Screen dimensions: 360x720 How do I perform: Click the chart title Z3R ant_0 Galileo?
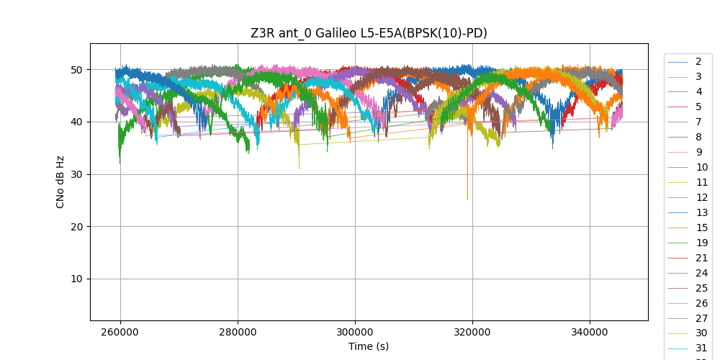pyautogui.click(x=369, y=32)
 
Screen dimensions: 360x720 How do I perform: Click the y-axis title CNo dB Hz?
pyautogui.click(x=60, y=181)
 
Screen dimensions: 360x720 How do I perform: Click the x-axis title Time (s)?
pyautogui.click(x=369, y=346)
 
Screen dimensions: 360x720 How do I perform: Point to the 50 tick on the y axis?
pyautogui.click(x=76, y=70)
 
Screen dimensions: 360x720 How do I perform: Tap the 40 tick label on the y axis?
pyautogui.click(x=76, y=122)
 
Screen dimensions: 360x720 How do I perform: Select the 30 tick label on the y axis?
pyautogui.click(x=76, y=174)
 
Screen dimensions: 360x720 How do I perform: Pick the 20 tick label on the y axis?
pyautogui.click(x=76, y=227)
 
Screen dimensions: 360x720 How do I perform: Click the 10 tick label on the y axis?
pyautogui.click(x=76, y=279)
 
